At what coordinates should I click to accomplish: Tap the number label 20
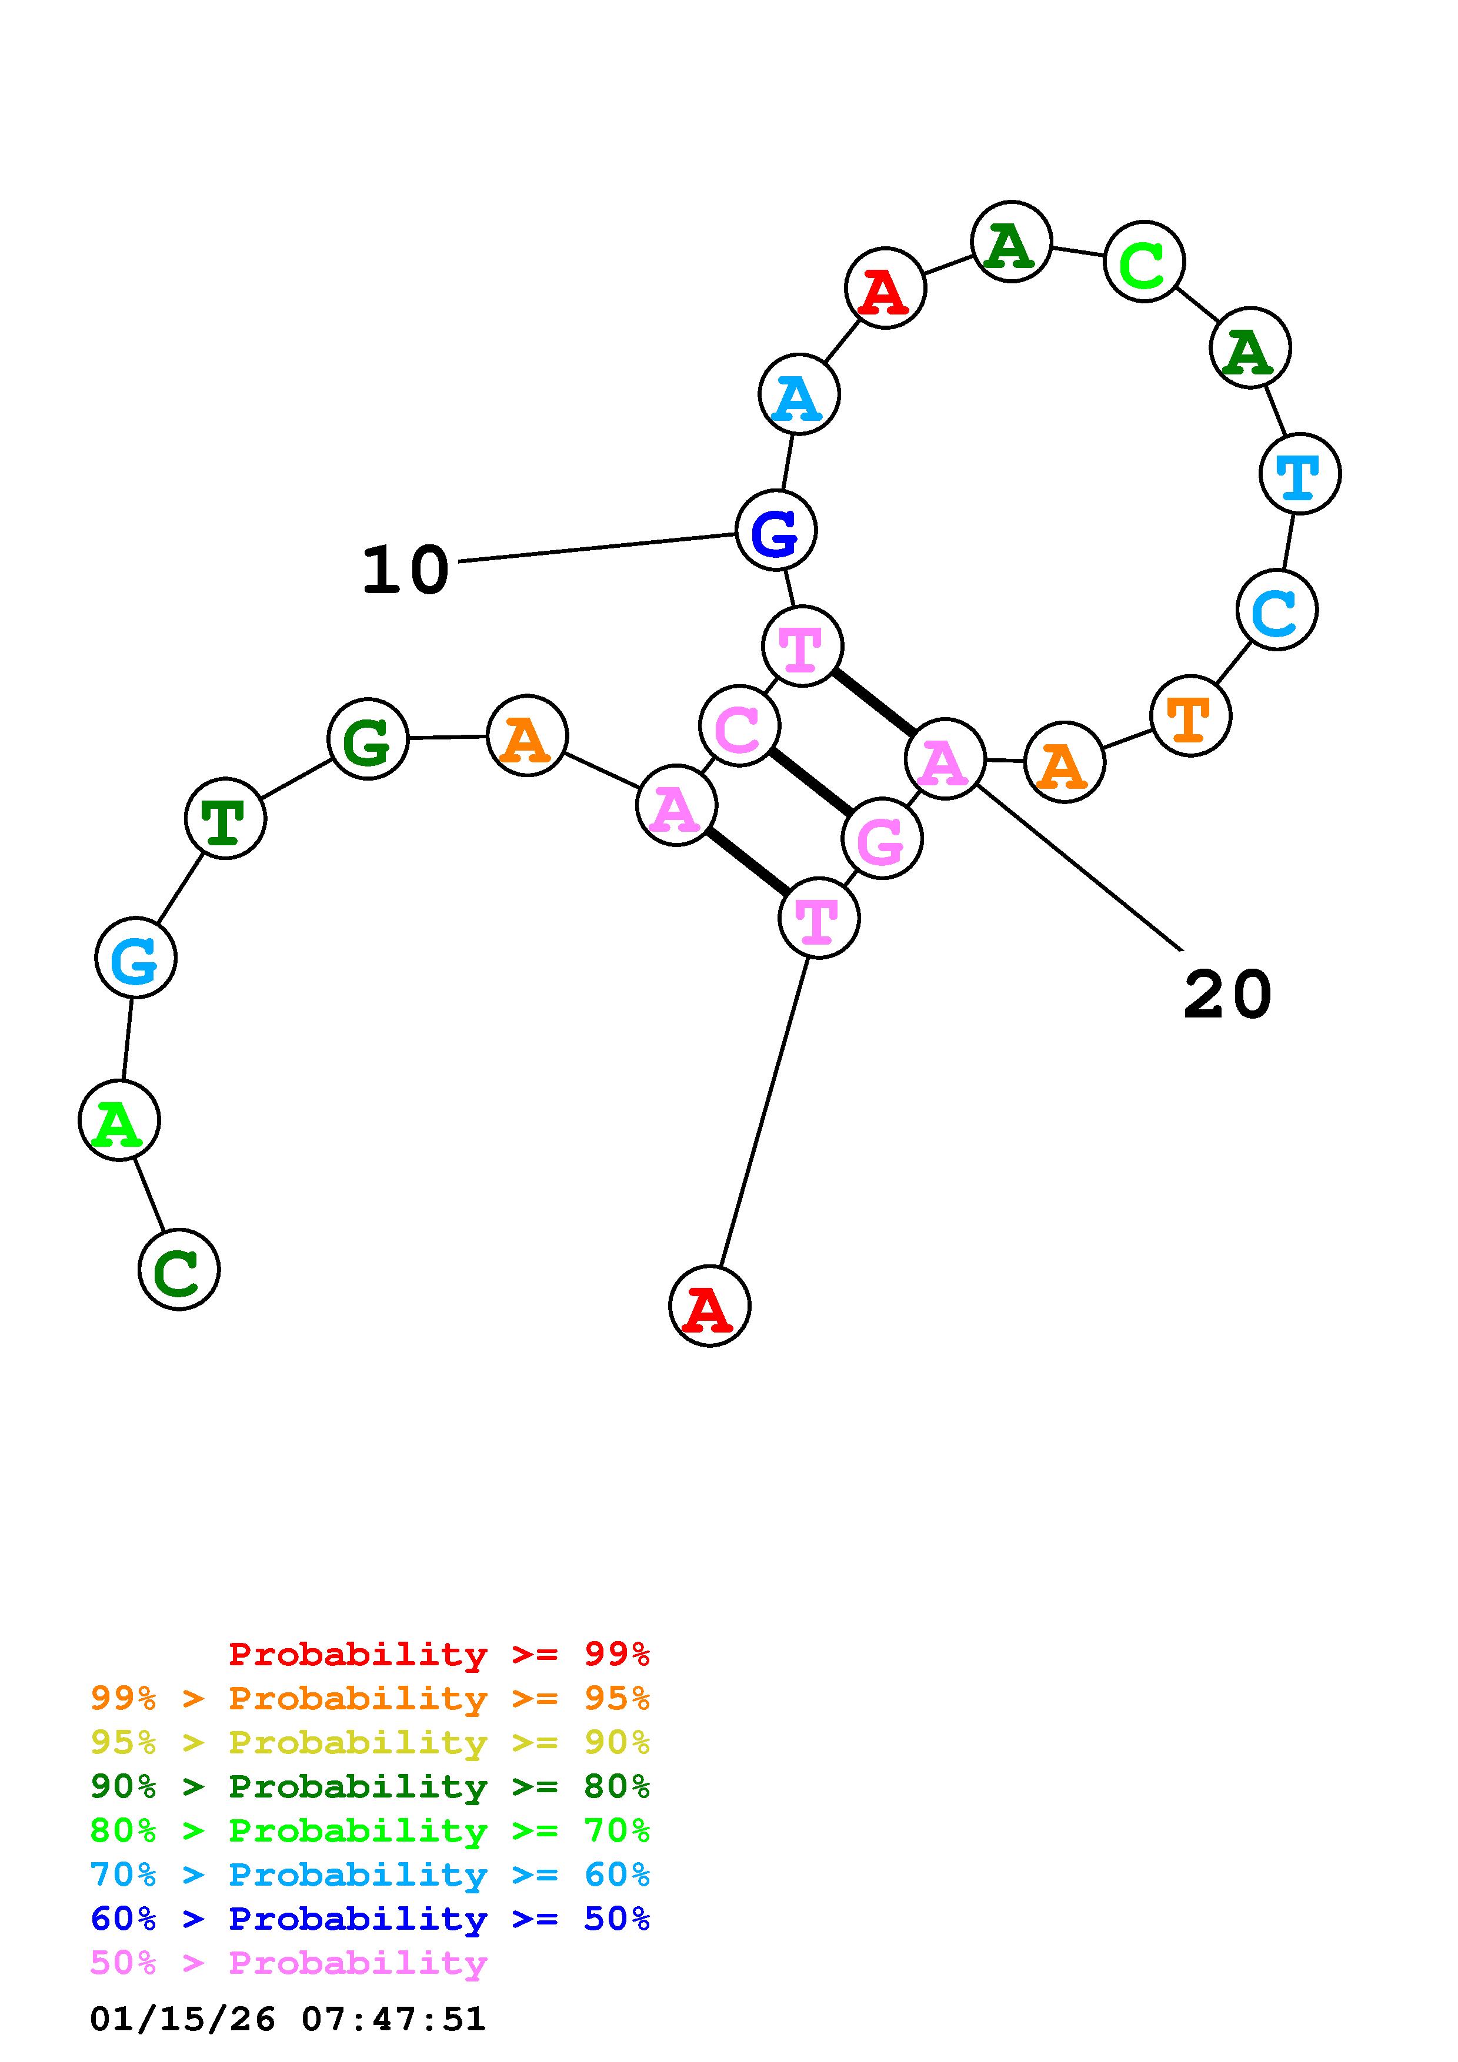[1227, 995]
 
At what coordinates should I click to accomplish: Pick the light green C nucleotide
[1143, 262]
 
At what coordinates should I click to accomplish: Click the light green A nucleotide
[119, 1121]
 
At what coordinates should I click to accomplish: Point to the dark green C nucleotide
[179, 1269]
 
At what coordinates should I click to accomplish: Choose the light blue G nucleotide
[136, 958]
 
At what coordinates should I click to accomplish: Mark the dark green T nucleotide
[225, 818]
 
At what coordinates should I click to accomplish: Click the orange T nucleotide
[1190, 716]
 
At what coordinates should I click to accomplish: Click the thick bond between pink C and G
[811, 782]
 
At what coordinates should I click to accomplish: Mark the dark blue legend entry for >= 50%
[370, 1919]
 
